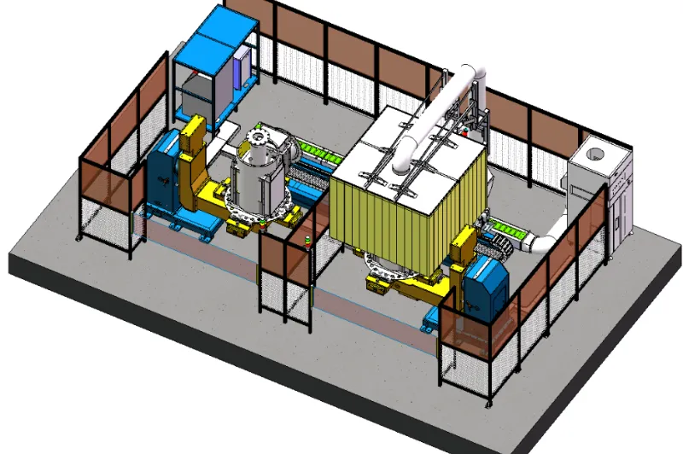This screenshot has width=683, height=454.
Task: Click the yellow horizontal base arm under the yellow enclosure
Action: [410, 286]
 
